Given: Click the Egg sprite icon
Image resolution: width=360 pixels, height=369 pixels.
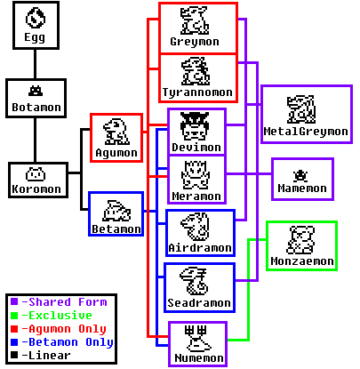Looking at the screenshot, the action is pos(36,18).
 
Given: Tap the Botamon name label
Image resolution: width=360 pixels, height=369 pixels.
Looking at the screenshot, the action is pos(36,107).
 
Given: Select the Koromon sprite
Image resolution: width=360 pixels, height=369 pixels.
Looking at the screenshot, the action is pos(36,174).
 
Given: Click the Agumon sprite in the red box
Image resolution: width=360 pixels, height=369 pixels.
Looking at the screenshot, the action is pos(116,132).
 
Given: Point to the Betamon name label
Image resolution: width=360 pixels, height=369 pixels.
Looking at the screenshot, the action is pos(116,229).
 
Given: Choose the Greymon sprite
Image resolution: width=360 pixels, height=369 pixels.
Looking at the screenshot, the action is pos(195,20).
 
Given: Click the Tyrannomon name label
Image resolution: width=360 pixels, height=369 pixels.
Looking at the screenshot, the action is pos(197,92).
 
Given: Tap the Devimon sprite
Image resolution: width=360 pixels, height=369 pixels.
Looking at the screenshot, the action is pos(195,126).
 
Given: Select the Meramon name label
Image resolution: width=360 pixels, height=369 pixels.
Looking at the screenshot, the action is pos(196,196).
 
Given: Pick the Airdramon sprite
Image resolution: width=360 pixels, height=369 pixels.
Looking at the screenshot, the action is pos(196,227).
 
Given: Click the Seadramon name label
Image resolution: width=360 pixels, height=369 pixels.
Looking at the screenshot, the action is pos(199,303).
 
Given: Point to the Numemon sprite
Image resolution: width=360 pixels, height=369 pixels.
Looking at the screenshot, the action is pos(198,339).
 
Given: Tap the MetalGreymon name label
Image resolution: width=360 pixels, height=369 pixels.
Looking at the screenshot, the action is pos(306,132).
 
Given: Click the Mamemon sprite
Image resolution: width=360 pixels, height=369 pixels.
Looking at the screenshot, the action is pos(300,176).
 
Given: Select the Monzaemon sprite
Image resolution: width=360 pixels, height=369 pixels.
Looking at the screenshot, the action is pos(301,240).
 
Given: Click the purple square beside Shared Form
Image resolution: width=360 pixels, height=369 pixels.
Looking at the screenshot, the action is pos(14,302).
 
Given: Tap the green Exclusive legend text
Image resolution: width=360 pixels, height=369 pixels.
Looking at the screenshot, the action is pos(57,316).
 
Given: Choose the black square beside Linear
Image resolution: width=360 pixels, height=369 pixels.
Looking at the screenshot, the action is pos(14,355).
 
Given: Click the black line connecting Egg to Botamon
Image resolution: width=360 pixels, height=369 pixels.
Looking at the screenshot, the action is pos(36,64).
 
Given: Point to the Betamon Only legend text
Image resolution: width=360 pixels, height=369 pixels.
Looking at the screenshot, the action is pos(68,342).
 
